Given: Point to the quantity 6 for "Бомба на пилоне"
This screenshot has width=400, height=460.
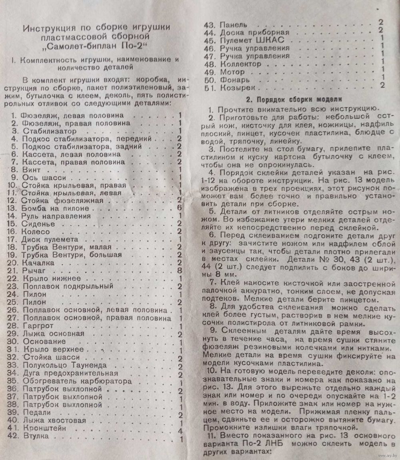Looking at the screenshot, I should pyautogui.click(x=180, y=208).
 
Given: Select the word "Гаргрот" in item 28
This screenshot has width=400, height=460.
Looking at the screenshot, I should pyautogui.click(x=38, y=326).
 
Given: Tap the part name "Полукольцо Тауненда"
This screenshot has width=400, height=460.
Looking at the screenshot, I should pyautogui.click(x=65, y=365).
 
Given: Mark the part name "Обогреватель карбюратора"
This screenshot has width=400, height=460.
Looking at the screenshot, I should pyautogui.click(x=78, y=381).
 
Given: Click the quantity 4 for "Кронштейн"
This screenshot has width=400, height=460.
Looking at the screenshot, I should pyautogui.click(x=181, y=431).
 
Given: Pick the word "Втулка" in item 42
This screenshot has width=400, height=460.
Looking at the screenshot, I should pyautogui.click(x=36, y=436).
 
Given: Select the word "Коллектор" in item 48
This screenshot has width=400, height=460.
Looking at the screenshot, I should pyautogui.click(x=240, y=64).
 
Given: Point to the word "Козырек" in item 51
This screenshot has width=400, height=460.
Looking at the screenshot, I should pyautogui.click(x=238, y=87).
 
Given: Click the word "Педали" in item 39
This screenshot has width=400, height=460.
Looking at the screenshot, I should pyautogui.click(x=37, y=412).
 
